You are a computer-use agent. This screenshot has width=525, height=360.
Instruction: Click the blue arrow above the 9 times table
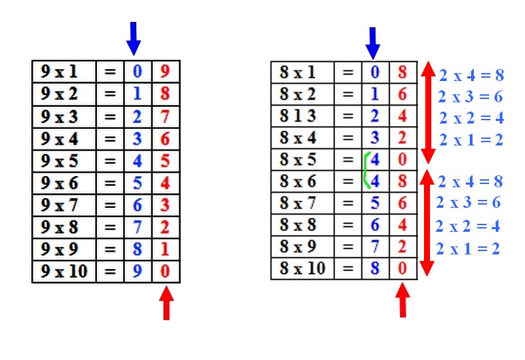click(134, 39)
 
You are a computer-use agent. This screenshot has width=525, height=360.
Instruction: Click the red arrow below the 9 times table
click(166, 303)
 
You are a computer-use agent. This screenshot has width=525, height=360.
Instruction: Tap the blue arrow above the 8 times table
click(373, 43)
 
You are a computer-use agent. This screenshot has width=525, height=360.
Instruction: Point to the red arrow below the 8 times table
click(403, 300)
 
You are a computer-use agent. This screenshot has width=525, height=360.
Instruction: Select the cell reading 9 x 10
click(64, 272)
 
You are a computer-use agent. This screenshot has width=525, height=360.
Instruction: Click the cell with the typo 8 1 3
click(302, 116)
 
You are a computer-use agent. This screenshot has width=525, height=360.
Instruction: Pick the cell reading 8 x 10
click(302, 268)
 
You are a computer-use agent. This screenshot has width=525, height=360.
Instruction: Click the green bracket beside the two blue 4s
click(366, 170)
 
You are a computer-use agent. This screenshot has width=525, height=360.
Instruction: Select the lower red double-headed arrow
click(427, 223)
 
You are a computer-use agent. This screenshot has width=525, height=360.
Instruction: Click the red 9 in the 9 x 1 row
click(165, 71)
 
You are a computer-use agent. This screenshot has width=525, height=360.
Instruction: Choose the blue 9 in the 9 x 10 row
click(138, 272)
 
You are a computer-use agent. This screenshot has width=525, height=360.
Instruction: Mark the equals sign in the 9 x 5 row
click(110, 161)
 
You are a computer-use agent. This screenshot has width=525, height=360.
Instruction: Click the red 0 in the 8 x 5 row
click(403, 159)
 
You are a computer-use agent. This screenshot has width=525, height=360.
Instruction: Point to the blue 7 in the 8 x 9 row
click(375, 246)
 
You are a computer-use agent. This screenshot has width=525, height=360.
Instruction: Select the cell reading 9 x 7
click(64, 205)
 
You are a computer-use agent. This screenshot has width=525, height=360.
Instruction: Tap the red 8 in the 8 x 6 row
click(403, 181)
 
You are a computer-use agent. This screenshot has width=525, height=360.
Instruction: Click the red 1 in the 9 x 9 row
click(165, 249)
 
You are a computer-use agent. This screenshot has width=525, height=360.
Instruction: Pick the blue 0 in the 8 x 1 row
click(375, 72)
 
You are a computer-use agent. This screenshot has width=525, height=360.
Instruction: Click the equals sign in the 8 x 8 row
click(348, 225)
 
